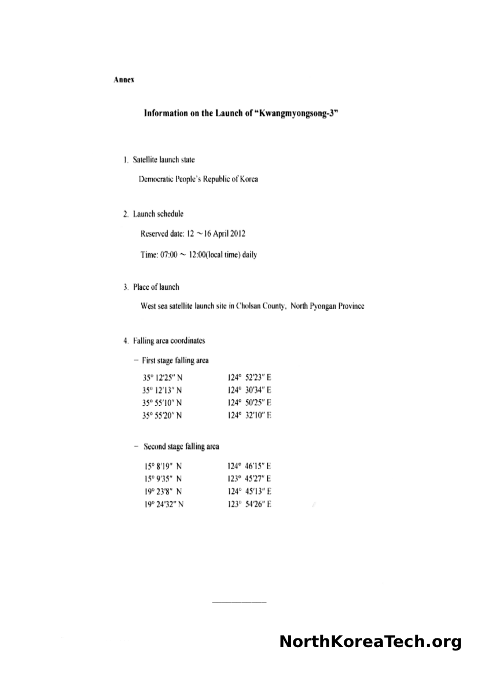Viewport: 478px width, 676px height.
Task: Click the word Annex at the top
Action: click(124, 80)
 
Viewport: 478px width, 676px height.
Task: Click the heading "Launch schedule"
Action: click(158, 214)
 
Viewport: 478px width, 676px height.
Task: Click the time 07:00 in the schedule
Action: click(169, 255)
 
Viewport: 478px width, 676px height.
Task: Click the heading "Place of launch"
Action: click(156, 287)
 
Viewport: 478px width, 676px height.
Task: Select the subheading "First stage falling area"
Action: click(175, 360)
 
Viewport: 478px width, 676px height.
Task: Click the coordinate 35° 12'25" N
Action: click(163, 377)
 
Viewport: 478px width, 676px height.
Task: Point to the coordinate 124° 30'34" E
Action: click(249, 390)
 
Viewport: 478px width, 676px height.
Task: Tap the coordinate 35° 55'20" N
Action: click(163, 415)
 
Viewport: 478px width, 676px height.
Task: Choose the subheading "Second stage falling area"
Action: click(181, 446)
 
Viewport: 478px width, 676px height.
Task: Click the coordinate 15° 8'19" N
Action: click(163, 466)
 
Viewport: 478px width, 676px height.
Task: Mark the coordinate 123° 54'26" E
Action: click(249, 504)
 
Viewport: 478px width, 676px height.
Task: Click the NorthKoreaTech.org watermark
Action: click(370, 642)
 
